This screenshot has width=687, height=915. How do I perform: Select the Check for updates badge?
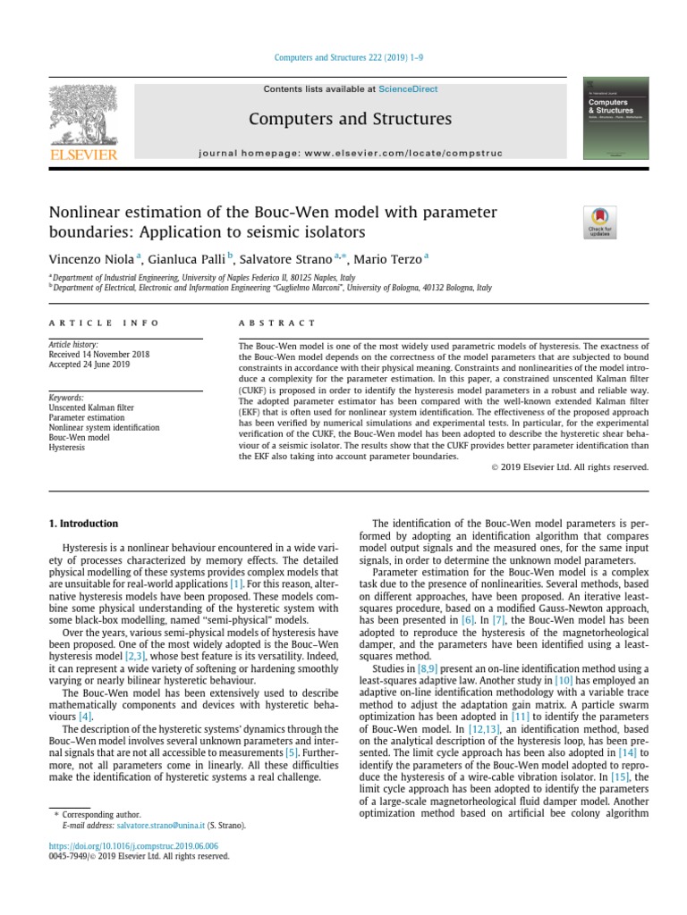[599, 222]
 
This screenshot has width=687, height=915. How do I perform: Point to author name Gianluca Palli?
[186, 259]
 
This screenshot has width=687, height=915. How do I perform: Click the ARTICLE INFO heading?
[104, 323]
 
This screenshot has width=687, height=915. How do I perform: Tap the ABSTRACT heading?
[276, 323]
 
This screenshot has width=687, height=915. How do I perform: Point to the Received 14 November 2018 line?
[98, 355]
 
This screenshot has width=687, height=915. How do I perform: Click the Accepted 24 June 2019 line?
[89, 365]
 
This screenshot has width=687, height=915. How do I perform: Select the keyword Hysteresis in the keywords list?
[68, 447]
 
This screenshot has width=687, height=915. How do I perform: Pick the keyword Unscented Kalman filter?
[93, 407]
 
